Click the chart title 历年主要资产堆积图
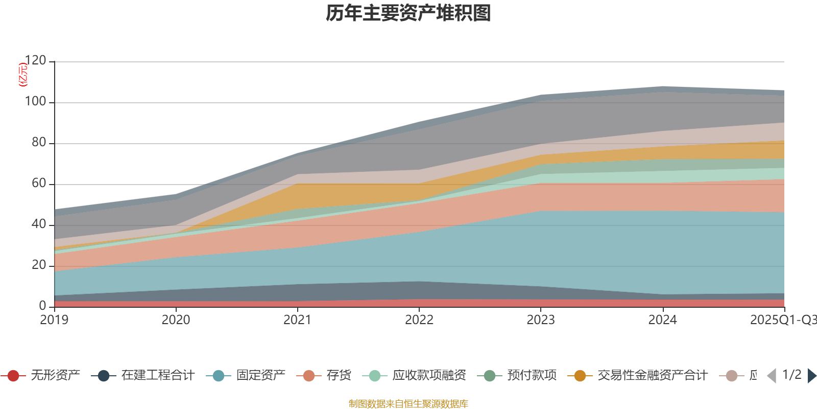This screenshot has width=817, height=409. (408, 13)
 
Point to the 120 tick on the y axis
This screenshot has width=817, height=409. (35, 61)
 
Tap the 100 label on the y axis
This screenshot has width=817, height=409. (35, 102)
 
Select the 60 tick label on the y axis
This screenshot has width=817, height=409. (38, 184)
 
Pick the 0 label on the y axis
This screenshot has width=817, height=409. (42, 306)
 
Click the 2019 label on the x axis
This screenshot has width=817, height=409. (54, 320)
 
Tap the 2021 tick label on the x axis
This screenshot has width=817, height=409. (297, 320)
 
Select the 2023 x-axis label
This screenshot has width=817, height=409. (541, 320)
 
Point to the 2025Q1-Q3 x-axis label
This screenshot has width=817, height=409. (783, 320)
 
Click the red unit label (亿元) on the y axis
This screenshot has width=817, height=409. (23, 75)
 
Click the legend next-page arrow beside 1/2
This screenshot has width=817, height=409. (811, 376)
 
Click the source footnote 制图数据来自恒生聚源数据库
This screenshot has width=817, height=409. (408, 404)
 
